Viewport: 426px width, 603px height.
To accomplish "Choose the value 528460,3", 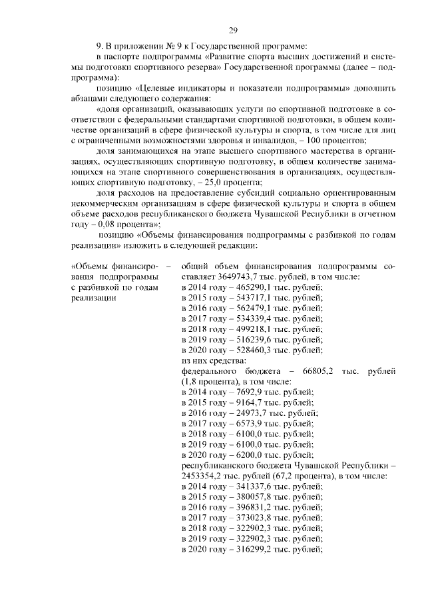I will pyautogui.click(x=247, y=350).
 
